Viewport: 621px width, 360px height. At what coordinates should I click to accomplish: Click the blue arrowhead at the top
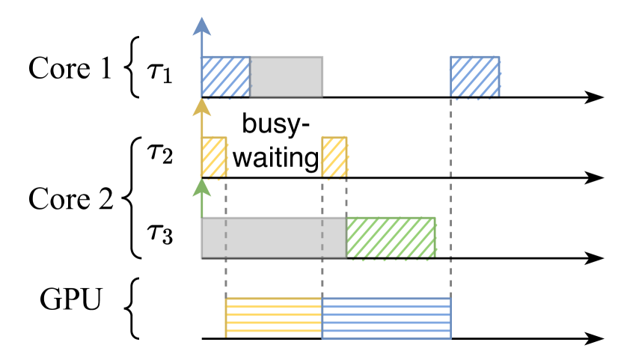[201, 26]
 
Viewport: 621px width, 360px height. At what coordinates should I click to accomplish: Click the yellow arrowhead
[201, 108]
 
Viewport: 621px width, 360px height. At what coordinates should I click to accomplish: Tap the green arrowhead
[201, 187]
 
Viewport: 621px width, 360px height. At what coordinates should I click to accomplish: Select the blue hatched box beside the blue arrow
[225, 76]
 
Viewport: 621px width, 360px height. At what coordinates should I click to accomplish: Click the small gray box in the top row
[286, 76]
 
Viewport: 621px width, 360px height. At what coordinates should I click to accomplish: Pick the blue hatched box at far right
[474, 76]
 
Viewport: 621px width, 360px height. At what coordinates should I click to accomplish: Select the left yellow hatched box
[214, 156]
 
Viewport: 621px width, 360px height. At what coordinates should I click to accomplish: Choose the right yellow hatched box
[334, 156]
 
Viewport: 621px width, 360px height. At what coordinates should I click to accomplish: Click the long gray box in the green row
[274, 238]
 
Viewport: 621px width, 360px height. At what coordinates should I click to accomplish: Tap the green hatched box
[391, 238]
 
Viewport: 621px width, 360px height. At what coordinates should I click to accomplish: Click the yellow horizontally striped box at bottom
[274, 317]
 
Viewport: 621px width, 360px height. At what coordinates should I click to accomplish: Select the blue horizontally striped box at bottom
[386, 317]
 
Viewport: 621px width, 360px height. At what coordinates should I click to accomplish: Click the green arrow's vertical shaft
[201, 207]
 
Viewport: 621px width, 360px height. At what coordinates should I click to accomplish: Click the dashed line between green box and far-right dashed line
[443, 259]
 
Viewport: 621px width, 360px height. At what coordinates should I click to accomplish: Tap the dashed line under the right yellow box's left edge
[322, 277]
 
